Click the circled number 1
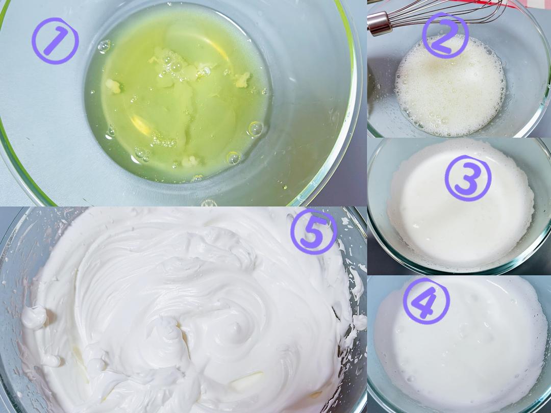point(55,41)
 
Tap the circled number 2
point(445,35)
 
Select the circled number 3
point(468,178)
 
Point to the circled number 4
point(426,301)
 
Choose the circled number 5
point(314,231)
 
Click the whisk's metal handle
point(380,22)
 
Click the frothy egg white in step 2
point(450,88)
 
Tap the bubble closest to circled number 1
point(105,46)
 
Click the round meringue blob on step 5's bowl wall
point(34,317)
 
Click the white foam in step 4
point(460,344)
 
